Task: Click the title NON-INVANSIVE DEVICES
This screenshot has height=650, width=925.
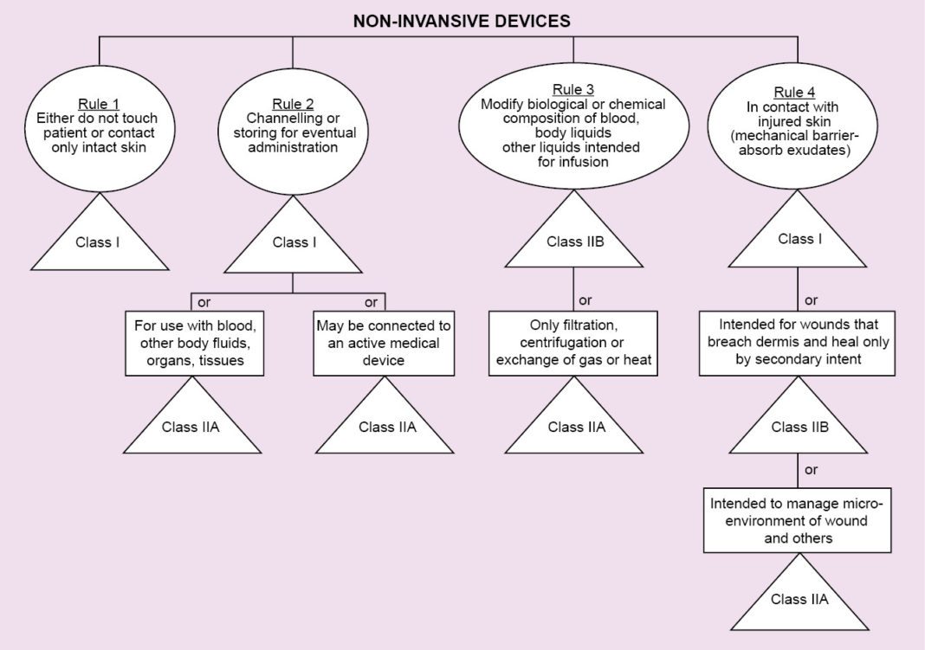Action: (x=462, y=21)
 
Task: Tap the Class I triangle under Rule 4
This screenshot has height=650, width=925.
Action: (x=798, y=239)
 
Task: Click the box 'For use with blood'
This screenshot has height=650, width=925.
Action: (x=192, y=344)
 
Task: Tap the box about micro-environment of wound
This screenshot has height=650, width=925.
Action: (x=798, y=520)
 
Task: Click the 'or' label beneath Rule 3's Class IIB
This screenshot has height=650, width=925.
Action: (x=585, y=300)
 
